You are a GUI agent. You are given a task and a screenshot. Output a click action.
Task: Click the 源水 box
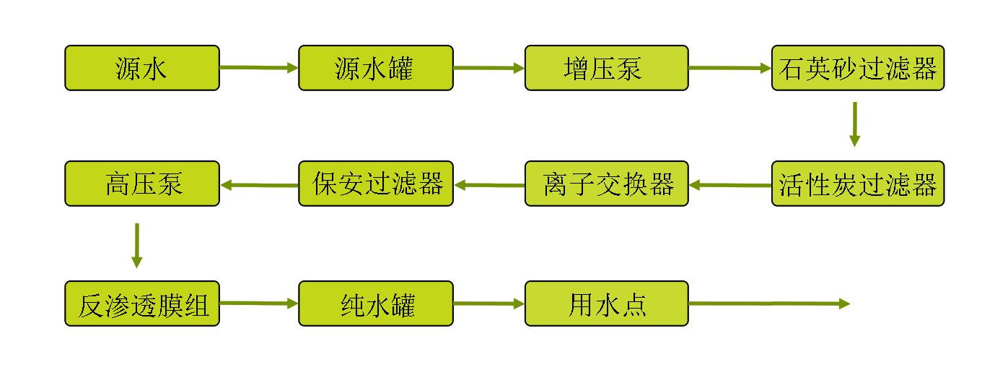click(x=142, y=68)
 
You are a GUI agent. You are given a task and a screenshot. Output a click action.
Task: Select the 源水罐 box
click(x=376, y=68)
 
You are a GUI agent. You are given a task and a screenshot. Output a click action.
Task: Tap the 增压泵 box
click(x=606, y=68)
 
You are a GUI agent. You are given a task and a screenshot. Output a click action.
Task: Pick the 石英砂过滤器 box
click(x=858, y=68)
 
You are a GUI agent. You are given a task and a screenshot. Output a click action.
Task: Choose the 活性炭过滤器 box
click(x=858, y=184)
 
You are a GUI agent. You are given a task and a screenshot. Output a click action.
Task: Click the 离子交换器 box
click(x=606, y=184)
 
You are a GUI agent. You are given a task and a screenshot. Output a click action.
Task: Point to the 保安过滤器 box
click(x=376, y=184)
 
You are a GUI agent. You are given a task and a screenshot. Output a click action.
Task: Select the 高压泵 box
click(x=142, y=184)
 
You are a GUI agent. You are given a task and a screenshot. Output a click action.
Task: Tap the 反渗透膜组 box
click(x=142, y=304)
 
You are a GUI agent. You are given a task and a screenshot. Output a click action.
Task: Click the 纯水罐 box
click(x=376, y=304)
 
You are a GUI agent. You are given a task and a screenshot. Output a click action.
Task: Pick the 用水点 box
click(x=606, y=304)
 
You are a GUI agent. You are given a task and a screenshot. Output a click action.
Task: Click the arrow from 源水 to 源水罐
click(x=259, y=68)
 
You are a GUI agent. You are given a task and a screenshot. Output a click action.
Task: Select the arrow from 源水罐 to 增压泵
click(x=489, y=68)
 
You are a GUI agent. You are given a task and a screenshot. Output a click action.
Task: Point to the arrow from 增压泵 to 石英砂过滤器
click(x=729, y=68)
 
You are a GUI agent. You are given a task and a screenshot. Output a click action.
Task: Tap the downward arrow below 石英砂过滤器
click(x=854, y=124)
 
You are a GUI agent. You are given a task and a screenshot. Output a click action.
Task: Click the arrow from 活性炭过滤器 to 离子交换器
click(x=729, y=185)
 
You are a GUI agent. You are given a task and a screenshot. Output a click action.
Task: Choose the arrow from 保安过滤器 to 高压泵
click(x=259, y=185)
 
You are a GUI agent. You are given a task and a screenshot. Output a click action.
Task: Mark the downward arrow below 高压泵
click(x=137, y=246)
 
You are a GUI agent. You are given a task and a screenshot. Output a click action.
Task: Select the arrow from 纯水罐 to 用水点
click(x=489, y=304)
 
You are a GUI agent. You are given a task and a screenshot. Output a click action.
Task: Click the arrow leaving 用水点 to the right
click(x=769, y=304)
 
